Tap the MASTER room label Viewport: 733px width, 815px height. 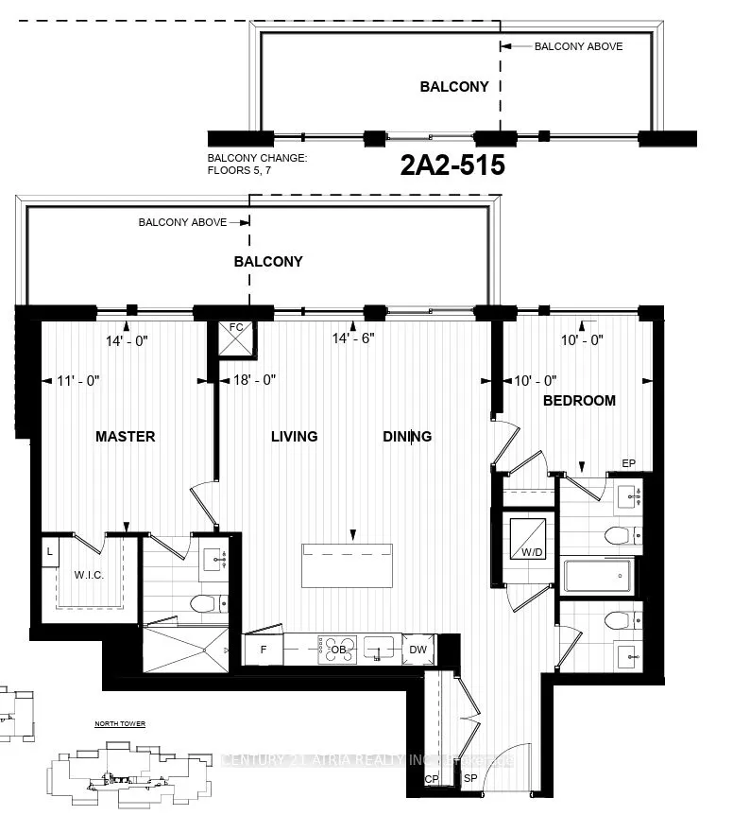125,437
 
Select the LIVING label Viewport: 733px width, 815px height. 294,437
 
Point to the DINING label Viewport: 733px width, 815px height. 407,437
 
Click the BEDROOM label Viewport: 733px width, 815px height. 579,401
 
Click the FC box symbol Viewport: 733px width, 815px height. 236,337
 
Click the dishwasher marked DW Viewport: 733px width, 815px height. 418,650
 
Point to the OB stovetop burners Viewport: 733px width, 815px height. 337,650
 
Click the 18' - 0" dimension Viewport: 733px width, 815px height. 254,380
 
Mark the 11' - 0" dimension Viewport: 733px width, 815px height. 78,380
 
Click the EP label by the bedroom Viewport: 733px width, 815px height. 628,463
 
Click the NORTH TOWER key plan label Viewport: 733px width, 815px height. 120,724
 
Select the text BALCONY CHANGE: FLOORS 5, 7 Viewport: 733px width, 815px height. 258,165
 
